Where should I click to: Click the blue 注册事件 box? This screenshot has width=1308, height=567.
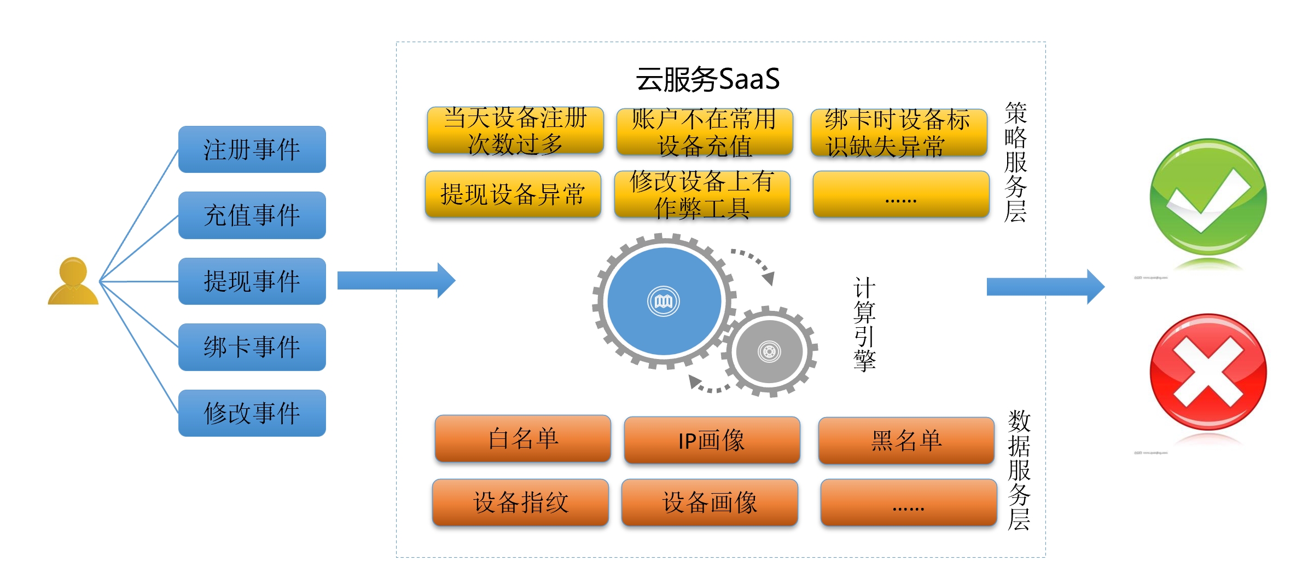click(x=252, y=149)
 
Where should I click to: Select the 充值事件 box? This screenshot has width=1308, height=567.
click(x=252, y=215)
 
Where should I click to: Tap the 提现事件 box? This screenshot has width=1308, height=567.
click(x=252, y=281)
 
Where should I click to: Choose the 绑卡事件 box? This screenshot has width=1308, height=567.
click(x=252, y=347)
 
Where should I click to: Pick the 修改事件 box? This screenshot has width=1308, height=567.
click(x=252, y=413)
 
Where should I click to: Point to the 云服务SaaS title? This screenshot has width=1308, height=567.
click(x=707, y=79)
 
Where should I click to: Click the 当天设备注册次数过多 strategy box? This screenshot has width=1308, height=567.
click(x=515, y=131)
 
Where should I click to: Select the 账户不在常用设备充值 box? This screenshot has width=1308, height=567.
click(x=705, y=132)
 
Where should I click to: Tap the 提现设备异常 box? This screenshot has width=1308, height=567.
click(x=513, y=194)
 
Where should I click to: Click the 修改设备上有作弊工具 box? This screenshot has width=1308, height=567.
click(x=702, y=194)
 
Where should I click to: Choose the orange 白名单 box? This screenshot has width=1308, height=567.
click(x=523, y=438)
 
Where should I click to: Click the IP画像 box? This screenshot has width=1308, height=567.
click(x=712, y=441)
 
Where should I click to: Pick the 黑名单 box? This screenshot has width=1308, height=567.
click(x=906, y=441)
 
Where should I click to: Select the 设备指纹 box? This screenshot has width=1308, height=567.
click(x=520, y=502)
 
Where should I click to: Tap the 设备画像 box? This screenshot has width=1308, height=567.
click(x=710, y=502)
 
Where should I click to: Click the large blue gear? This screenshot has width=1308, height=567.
click(x=664, y=301)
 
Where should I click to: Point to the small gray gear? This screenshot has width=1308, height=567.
click(x=769, y=351)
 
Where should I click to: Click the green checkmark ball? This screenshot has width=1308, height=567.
click(x=1208, y=197)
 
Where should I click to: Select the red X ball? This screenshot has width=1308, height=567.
click(x=1208, y=372)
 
